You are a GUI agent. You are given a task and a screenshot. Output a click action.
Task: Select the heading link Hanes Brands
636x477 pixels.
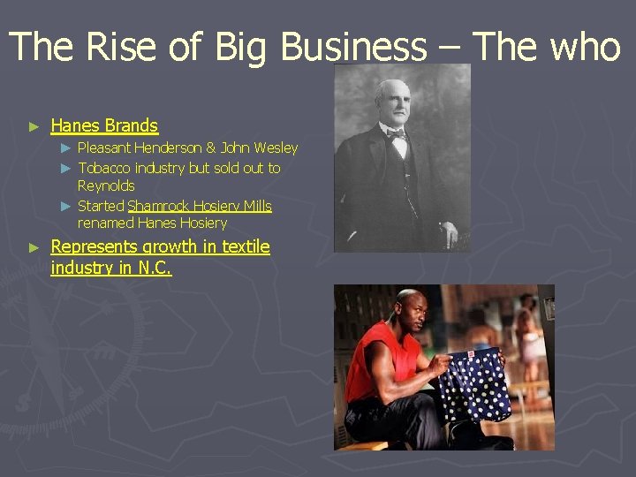(x=104, y=125)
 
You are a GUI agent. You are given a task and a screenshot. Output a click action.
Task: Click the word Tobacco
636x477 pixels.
(x=105, y=167)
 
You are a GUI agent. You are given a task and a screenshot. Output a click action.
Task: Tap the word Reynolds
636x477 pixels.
(x=106, y=185)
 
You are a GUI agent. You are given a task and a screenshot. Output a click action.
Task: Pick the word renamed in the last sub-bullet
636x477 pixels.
(x=104, y=223)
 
